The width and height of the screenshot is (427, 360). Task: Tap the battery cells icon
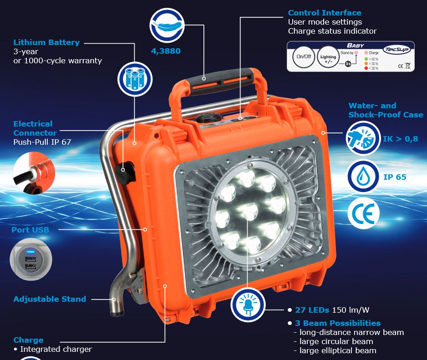tap(134, 78)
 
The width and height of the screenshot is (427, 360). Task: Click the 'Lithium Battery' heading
tap(46, 42)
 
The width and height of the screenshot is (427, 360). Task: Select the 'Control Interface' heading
tap(325, 13)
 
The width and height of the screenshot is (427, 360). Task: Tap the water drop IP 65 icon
tap(364, 176)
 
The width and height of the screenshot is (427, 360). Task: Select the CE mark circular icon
tap(364, 213)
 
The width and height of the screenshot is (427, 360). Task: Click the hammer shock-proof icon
tap(363, 138)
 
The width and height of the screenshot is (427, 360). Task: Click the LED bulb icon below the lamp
tap(248, 305)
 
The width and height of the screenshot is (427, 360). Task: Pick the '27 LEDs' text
tap(312, 310)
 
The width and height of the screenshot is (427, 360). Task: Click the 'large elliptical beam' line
tap(337, 350)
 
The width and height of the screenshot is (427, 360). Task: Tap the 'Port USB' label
tap(30, 230)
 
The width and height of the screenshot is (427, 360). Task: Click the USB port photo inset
tap(30, 259)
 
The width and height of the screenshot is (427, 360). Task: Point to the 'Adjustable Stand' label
tap(50, 299)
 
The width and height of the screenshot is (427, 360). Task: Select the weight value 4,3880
tap(166, 51)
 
